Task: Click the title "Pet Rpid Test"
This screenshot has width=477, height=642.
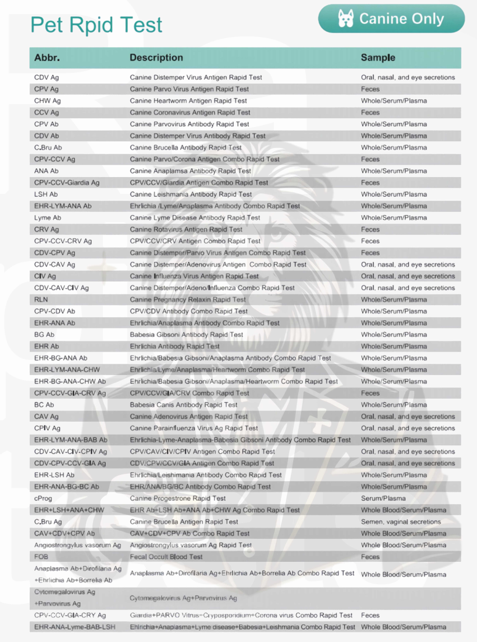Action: [96, 25]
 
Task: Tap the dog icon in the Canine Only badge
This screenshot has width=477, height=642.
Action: [346, 19]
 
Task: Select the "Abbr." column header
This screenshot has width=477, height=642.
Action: [47, 58]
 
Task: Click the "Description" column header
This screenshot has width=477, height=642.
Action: [156, 58]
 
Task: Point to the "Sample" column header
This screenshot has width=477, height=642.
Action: [378, 58]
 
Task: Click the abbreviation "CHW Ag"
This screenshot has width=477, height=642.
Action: [48, 101]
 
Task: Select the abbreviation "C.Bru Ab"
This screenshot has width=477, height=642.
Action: [48, 147]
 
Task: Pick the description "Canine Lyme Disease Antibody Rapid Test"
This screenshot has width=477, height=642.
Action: [195, 218]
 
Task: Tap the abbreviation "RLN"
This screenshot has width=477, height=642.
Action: [41, 299]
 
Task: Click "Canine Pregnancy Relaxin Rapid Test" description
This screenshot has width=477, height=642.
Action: [188, 299]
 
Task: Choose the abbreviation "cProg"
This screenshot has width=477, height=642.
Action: [44, 498]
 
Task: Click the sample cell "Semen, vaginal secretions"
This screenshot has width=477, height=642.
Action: [401, 521]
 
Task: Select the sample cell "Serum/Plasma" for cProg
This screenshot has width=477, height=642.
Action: [383, 498]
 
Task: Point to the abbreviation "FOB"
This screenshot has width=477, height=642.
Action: [41, 557]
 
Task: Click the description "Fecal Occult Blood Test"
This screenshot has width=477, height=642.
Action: [166, 557]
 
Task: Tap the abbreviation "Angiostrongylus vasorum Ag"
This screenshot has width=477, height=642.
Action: [77, 545]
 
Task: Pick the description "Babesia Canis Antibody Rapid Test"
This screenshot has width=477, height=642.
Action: [184, 405]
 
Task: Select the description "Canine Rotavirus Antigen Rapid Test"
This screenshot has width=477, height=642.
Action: [186, 229]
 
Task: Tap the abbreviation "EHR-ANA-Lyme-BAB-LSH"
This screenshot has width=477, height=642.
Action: [75, 627]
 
